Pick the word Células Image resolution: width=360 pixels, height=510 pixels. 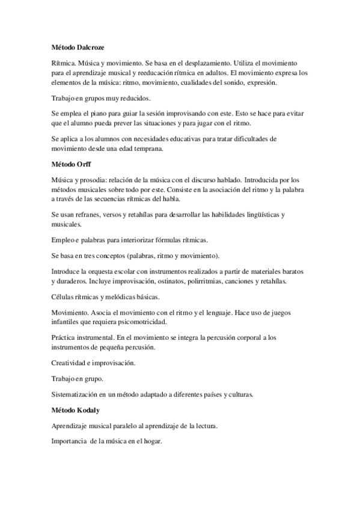point(64,297)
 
